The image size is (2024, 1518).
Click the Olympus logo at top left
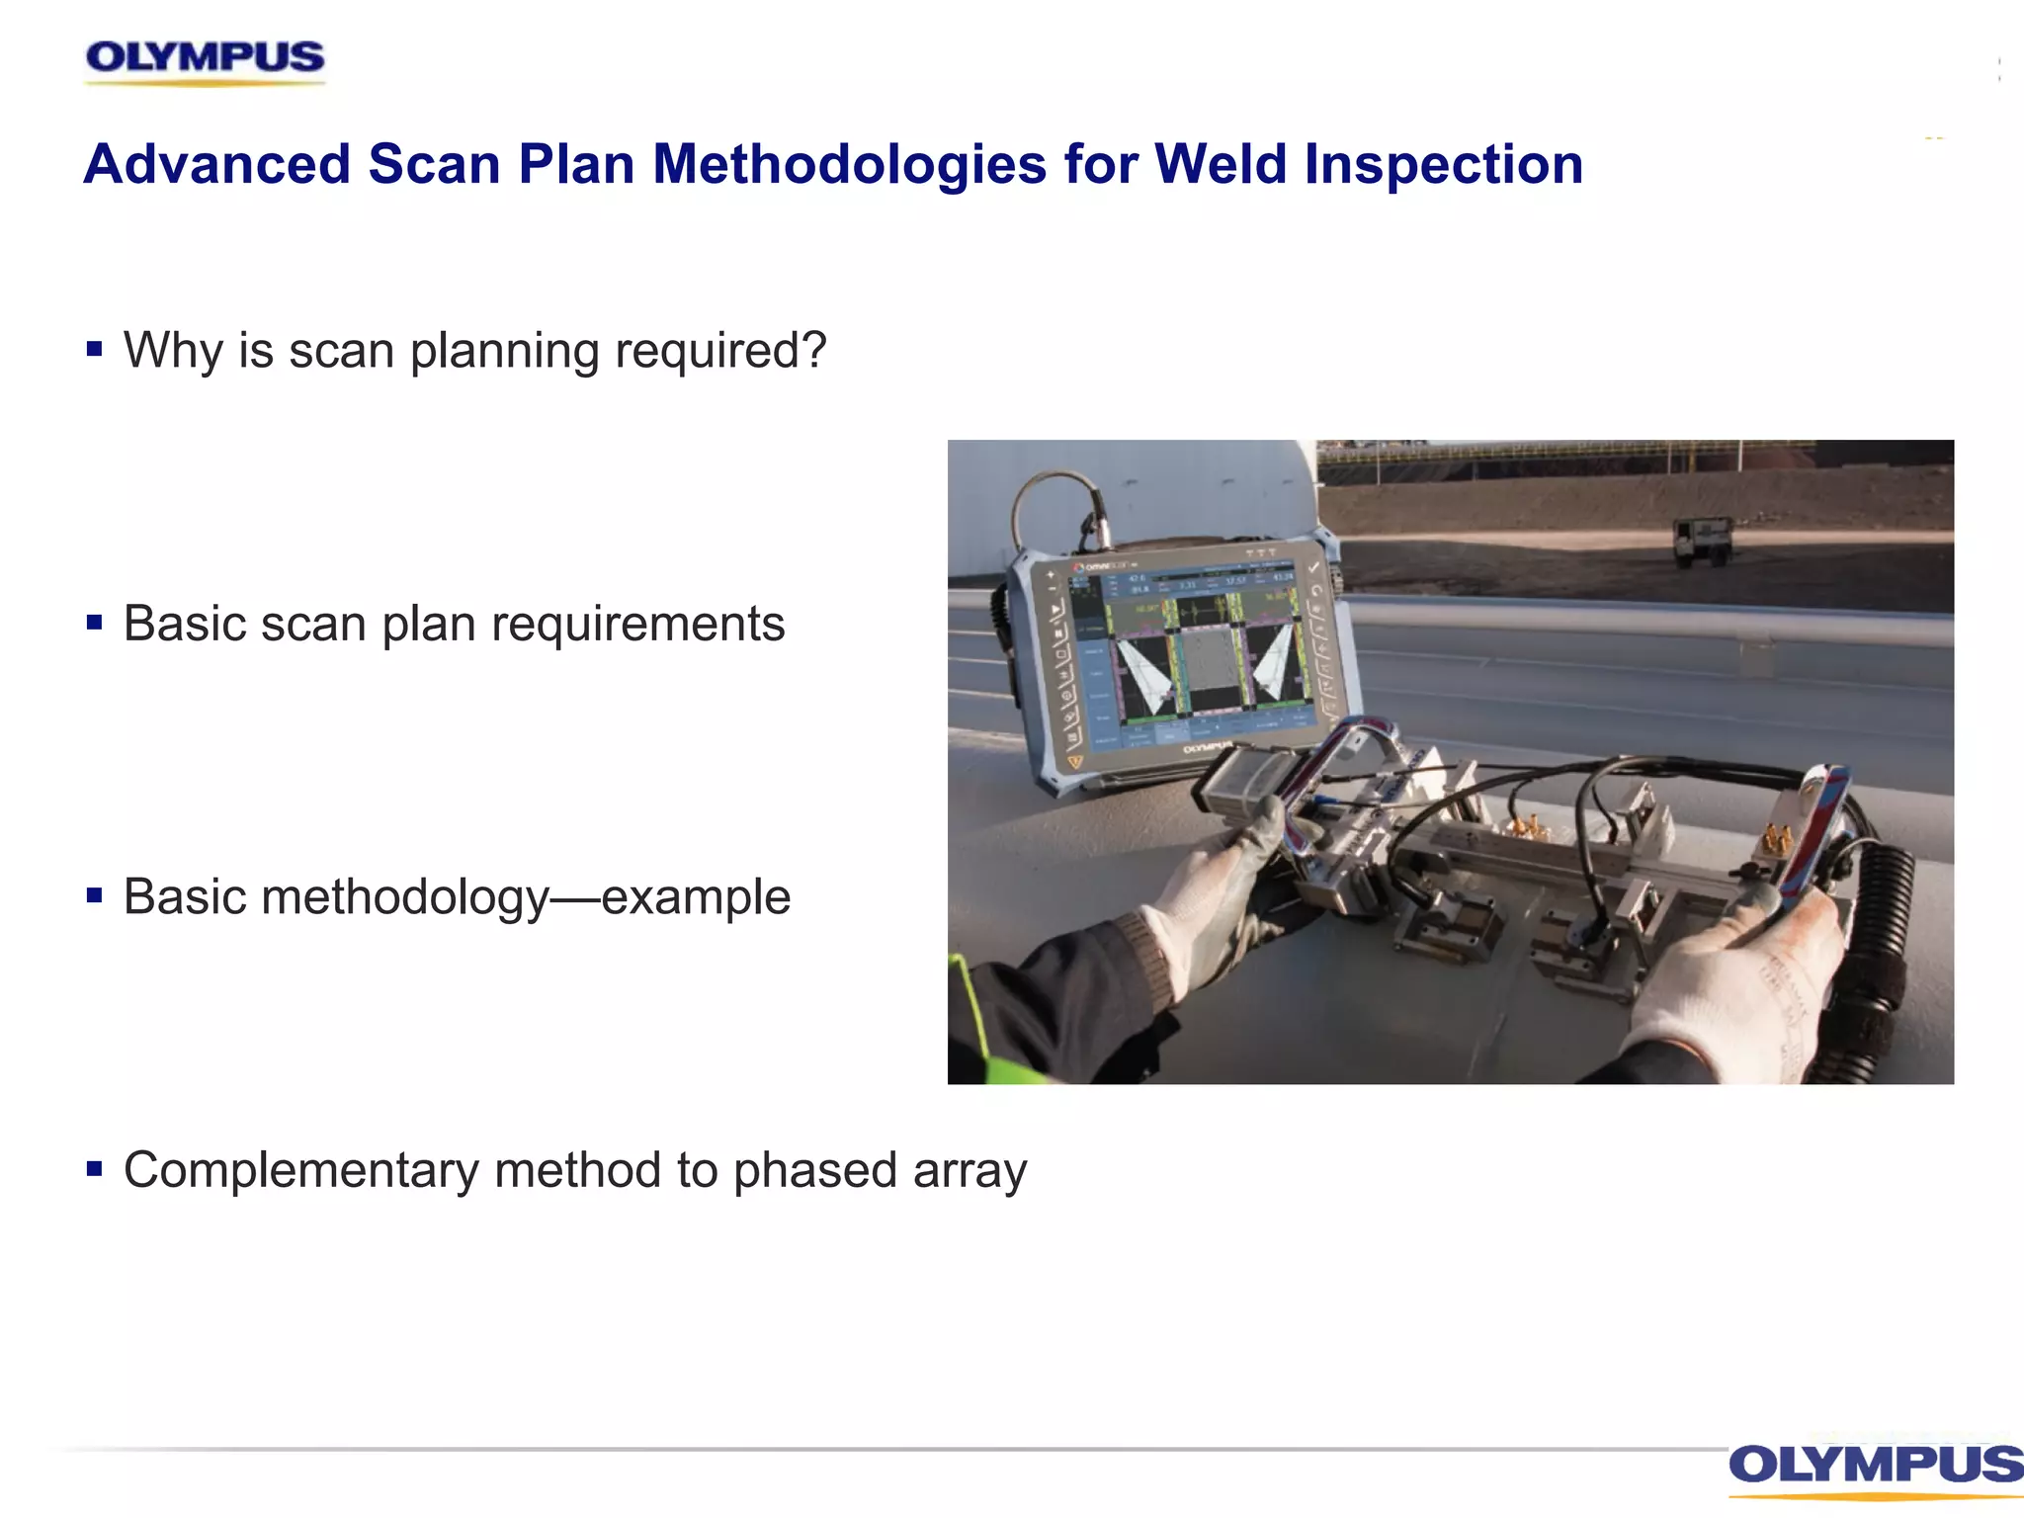(205, 59)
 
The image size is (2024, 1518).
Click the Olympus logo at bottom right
(1875, 1466)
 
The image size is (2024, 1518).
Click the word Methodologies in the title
(849, 165)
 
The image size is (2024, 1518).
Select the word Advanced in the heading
(217, 164)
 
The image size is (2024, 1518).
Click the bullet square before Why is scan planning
(95, 349)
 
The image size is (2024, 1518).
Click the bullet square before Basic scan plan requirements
(95, 623)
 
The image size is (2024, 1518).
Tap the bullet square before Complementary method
(95, 1170)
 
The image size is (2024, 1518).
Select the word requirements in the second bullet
(637, 625)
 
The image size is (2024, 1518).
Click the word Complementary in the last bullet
(300, 1171)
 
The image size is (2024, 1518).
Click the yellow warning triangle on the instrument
(1075, 762)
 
